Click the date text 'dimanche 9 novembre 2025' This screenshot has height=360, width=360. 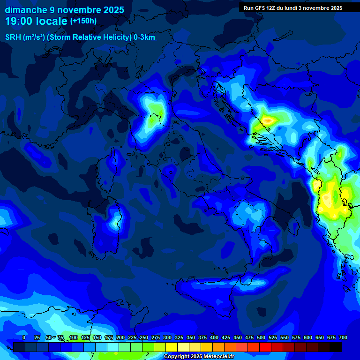pyautogui.click(x=64, y=10)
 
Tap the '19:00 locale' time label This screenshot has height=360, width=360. pyautogui.click(x=36, y=21)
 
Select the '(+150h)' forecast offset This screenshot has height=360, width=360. pyautogui.click(x=83, y=21)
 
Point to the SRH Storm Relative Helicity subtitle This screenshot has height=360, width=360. pyautogui.click(x=80, y=37)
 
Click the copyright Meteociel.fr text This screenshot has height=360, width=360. pyautogui.click(x=199, y=357)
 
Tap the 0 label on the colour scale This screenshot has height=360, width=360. pyautogui.click(x=24, y=337)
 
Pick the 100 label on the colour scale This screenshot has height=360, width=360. pyautogui.click(x=73, y=337)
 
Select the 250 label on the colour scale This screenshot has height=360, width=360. pyautogui.click(x=143, y=337)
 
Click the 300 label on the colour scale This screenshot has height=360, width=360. pyautogui.click(x=167, y=337)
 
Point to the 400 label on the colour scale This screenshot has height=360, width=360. pyautogui.click(x=214, y=337)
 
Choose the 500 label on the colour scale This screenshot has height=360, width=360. pyautogui.click(x=261, y=337)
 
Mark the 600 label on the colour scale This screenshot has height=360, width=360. pyautogui.click(x=308, y=337)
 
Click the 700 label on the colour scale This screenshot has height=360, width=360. pyautogui.click(x=343, y=337)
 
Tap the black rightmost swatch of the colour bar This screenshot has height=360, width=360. pyautogui.click(x=336, y=347)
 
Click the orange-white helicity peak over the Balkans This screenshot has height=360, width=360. pyautogui.click(x=268, y=121)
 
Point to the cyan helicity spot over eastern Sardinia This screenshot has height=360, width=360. pyautogui.click(x=114, y=220)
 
